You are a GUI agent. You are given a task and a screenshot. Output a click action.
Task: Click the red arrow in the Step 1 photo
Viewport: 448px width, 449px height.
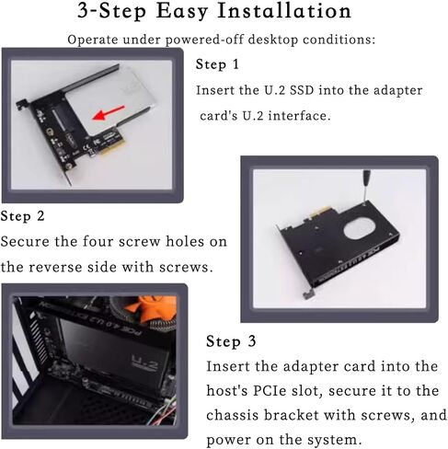[109, 112]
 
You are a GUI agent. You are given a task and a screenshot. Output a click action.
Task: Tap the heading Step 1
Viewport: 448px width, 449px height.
[217, 64]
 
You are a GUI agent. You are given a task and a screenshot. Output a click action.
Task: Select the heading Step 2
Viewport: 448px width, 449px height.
[22, 216]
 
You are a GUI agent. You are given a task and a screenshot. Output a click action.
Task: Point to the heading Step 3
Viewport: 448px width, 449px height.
[231, 341]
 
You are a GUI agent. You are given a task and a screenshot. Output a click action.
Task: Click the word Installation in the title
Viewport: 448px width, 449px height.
[284, 11]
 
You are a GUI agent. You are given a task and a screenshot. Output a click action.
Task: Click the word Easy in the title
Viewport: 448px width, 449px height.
[182, 12]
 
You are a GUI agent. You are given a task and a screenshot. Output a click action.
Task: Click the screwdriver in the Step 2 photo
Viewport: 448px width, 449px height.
[365, 187]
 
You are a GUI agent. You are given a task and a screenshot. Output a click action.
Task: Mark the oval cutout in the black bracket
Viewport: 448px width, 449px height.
[360, 227]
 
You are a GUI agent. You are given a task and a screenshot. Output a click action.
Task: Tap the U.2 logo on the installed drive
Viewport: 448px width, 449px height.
[145, 363]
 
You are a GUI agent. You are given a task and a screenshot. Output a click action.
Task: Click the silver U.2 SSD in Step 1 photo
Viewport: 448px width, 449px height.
[110, 101]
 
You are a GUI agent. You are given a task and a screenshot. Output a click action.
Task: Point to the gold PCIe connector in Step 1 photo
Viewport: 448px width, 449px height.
[108, 144]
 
